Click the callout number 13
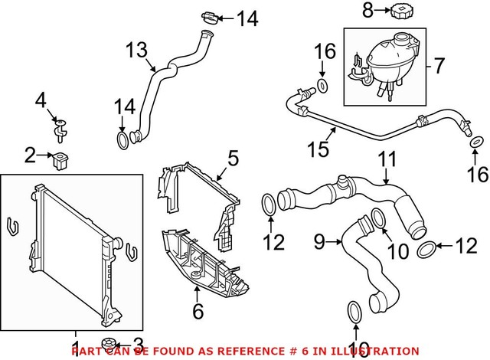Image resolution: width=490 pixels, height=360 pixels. click(x=136, y=53)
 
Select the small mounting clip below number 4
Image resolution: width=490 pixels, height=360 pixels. click(x=60, y=128)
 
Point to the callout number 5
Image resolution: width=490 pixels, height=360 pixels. click(x=233, y=159)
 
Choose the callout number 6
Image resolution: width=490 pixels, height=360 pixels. click(x=198, y=312)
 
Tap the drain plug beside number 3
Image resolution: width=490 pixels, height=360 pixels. click(x=109, y=342)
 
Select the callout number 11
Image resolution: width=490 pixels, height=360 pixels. click(x=389, y=160)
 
